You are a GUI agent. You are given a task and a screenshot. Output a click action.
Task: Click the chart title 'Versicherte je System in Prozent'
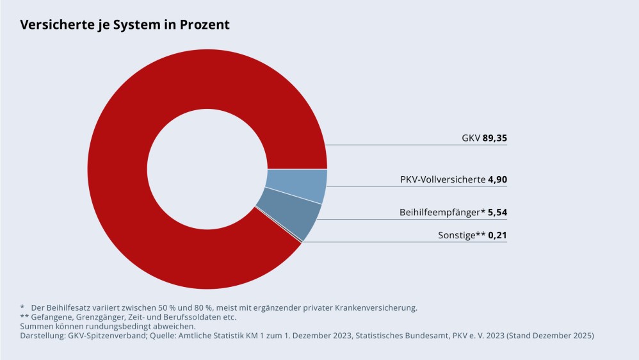coord(125,25)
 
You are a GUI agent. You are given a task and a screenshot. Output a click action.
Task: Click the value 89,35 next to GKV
coord(494,138)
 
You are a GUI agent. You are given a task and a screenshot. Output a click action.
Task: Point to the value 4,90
coord(497,180)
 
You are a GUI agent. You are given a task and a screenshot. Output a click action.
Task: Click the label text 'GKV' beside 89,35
coord(471,138)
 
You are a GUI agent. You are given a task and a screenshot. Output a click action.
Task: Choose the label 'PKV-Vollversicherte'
coord(442,180)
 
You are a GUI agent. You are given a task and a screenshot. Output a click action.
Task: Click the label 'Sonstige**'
coord(461,236)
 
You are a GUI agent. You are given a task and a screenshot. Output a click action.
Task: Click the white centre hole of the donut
coord(207,169)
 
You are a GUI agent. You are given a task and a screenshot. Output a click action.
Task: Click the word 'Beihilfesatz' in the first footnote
coord(70,307)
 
